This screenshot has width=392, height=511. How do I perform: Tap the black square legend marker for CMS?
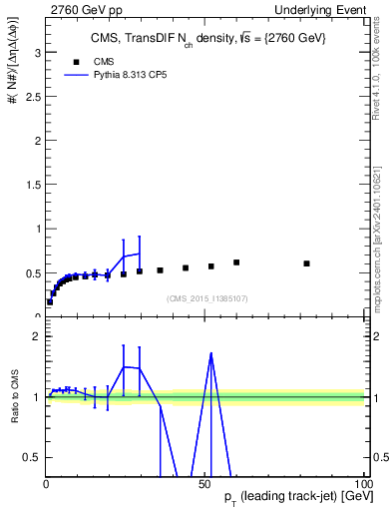pyautogui.click(x=70, y=61)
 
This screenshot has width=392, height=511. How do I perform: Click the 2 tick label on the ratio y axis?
pyautogui.click(x=36, y=336)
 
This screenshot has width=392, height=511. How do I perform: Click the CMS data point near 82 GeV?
pyautogui.click(x=306, y=263)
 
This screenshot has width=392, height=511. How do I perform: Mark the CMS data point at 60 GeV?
pyautogui.click(x=236, y=262)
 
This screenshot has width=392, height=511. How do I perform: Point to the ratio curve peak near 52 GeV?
pyautogui.click(x=211, y=353)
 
